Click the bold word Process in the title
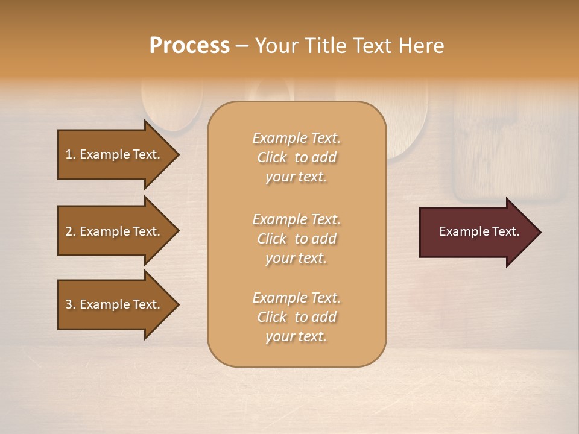tap(189, 46)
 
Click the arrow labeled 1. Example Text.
tap(115, 154)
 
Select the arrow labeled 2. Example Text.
tap(115, 231)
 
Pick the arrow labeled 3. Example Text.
tap(115, 304)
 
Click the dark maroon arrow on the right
tap(476, 232)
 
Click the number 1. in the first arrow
tap(71, 154)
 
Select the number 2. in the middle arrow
tap(71, 231)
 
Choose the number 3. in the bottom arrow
tap(71, 304)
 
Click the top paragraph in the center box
tap(296, 157)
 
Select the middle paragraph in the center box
tap(296, 239)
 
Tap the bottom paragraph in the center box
tap(296, 317)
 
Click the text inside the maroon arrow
tap(479, 231)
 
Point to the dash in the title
tap(242, 46)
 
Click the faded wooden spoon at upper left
tap(172, 105)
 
